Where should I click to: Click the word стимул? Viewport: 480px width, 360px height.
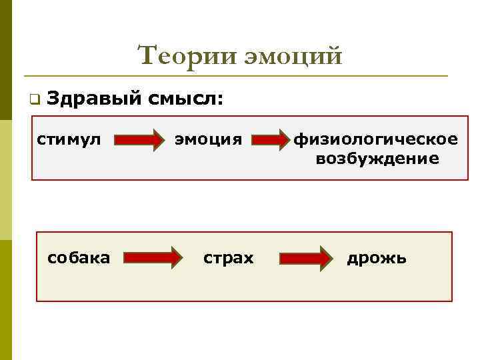[69, 139]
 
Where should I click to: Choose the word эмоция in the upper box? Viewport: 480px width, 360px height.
[208, 139]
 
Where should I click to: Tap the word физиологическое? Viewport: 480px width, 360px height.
[377, 139]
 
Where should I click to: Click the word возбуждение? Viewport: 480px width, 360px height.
[377, 159]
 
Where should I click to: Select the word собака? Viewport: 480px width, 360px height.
[79, 257]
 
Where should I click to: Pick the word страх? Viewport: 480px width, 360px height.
[229, 257]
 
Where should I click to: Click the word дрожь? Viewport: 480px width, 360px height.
[376, 257]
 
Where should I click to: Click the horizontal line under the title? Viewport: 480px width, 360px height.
[233, 75]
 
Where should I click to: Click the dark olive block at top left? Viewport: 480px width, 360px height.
[6, 60]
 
